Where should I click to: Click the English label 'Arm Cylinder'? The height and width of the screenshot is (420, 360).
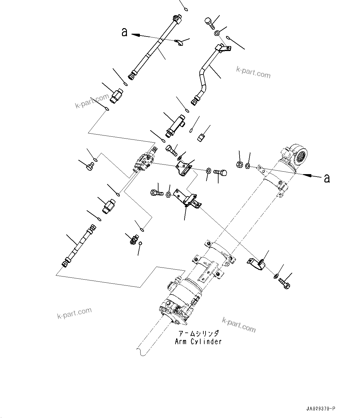click(x=198, y=341)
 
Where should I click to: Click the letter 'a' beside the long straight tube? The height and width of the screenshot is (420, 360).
click(x=124, y=32)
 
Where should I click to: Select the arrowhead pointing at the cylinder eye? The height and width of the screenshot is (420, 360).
click(x=306, y=175)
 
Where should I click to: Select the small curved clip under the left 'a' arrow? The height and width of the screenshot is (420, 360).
click(x=180, y=43)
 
